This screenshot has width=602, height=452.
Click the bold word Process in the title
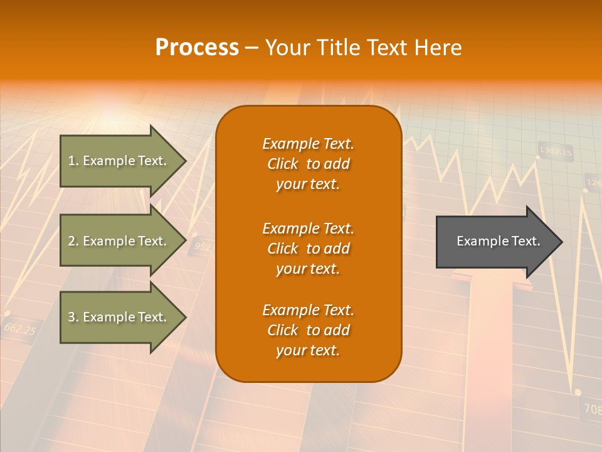(197, 48)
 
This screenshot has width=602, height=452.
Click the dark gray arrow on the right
(495, 242)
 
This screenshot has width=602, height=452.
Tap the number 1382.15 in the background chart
(556, 151)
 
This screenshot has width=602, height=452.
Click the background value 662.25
(19, 328)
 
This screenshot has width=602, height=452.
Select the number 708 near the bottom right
(592, 409)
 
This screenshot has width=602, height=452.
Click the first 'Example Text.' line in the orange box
(308, 144)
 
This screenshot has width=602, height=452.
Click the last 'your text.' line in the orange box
(308, 350)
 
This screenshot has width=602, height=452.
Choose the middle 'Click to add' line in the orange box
(308, 249)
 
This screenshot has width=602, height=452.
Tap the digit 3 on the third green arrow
(71, 318)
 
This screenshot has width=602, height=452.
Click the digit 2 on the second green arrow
(71, 241)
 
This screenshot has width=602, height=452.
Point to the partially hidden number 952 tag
(202, 247)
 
